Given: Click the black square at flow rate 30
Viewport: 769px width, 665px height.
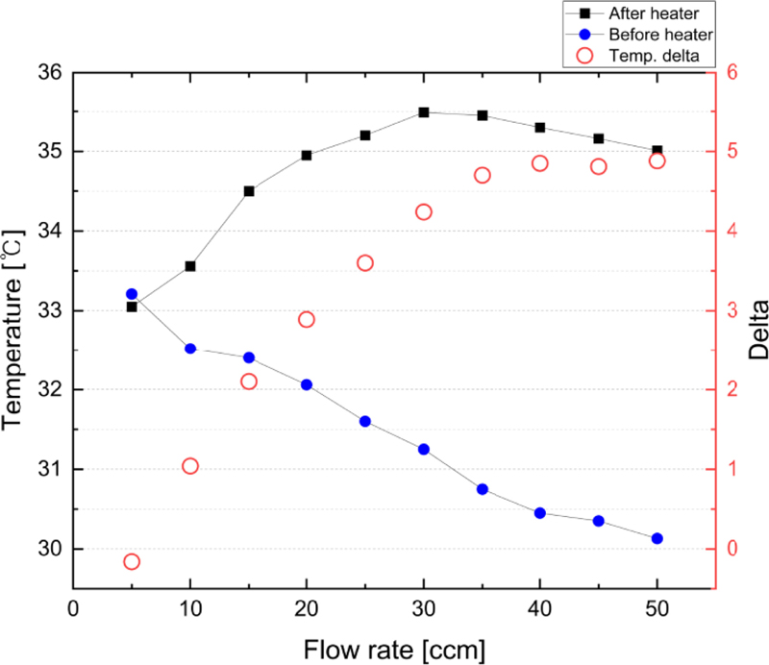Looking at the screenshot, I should tap(424, 112).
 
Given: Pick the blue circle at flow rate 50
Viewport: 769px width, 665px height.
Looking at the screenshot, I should tap(657, 539).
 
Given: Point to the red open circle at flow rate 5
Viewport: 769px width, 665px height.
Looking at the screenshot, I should tap(132, 562).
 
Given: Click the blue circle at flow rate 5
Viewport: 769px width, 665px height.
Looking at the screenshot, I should tap(132, 294).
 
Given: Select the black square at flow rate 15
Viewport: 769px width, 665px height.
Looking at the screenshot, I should tap(249, 191).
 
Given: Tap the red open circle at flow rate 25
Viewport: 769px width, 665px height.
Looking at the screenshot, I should tap(365, 263).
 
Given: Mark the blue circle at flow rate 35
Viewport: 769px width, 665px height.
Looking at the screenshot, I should tap(483, 489).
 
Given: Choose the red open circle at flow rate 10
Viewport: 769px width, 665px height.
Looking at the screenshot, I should tap(190, 466).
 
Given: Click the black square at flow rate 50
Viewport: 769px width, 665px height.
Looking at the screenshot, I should tap(657, 152).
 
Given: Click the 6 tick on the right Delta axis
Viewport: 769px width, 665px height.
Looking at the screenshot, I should tap(736, 73).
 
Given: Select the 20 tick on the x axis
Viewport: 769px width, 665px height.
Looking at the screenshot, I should tap(307, 608).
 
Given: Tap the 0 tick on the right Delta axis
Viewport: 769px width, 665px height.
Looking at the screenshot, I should tap(736, 549).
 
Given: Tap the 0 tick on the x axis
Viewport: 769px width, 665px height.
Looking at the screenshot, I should tap(73, 608).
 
